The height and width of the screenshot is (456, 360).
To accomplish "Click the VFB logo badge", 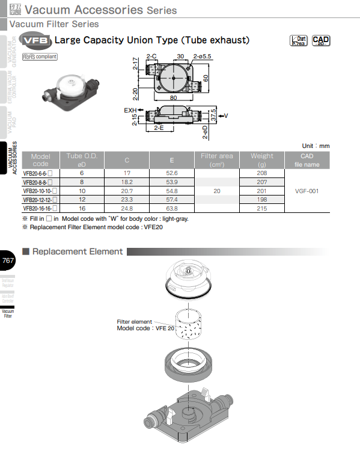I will click(36, 41).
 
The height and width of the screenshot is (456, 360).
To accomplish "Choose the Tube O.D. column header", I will click(82, 159).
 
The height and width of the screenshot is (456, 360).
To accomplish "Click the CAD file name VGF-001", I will click(307, 191).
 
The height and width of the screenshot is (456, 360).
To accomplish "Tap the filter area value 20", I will click(216, 191).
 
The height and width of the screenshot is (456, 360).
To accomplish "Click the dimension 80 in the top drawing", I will click(173, 97).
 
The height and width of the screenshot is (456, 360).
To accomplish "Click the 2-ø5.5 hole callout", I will click(202, 56).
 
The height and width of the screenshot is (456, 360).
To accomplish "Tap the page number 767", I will click(8, 260).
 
